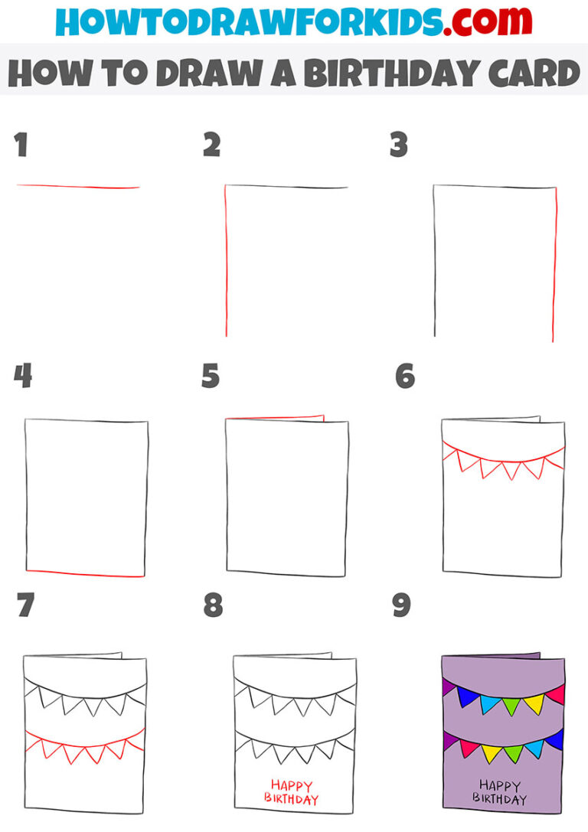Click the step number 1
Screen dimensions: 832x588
(x=21, y=145)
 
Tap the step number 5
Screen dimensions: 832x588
(x=211, y=377)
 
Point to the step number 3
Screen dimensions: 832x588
(x=398, y=145)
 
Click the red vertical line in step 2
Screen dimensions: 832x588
(x=225, y=260)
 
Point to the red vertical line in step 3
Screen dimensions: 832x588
(x=554, y=264)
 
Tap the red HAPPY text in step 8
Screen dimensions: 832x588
(x=291, y=785)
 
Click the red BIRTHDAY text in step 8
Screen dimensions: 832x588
(x=291, y=800)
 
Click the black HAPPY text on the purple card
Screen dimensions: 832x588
(x=499, y=785)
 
